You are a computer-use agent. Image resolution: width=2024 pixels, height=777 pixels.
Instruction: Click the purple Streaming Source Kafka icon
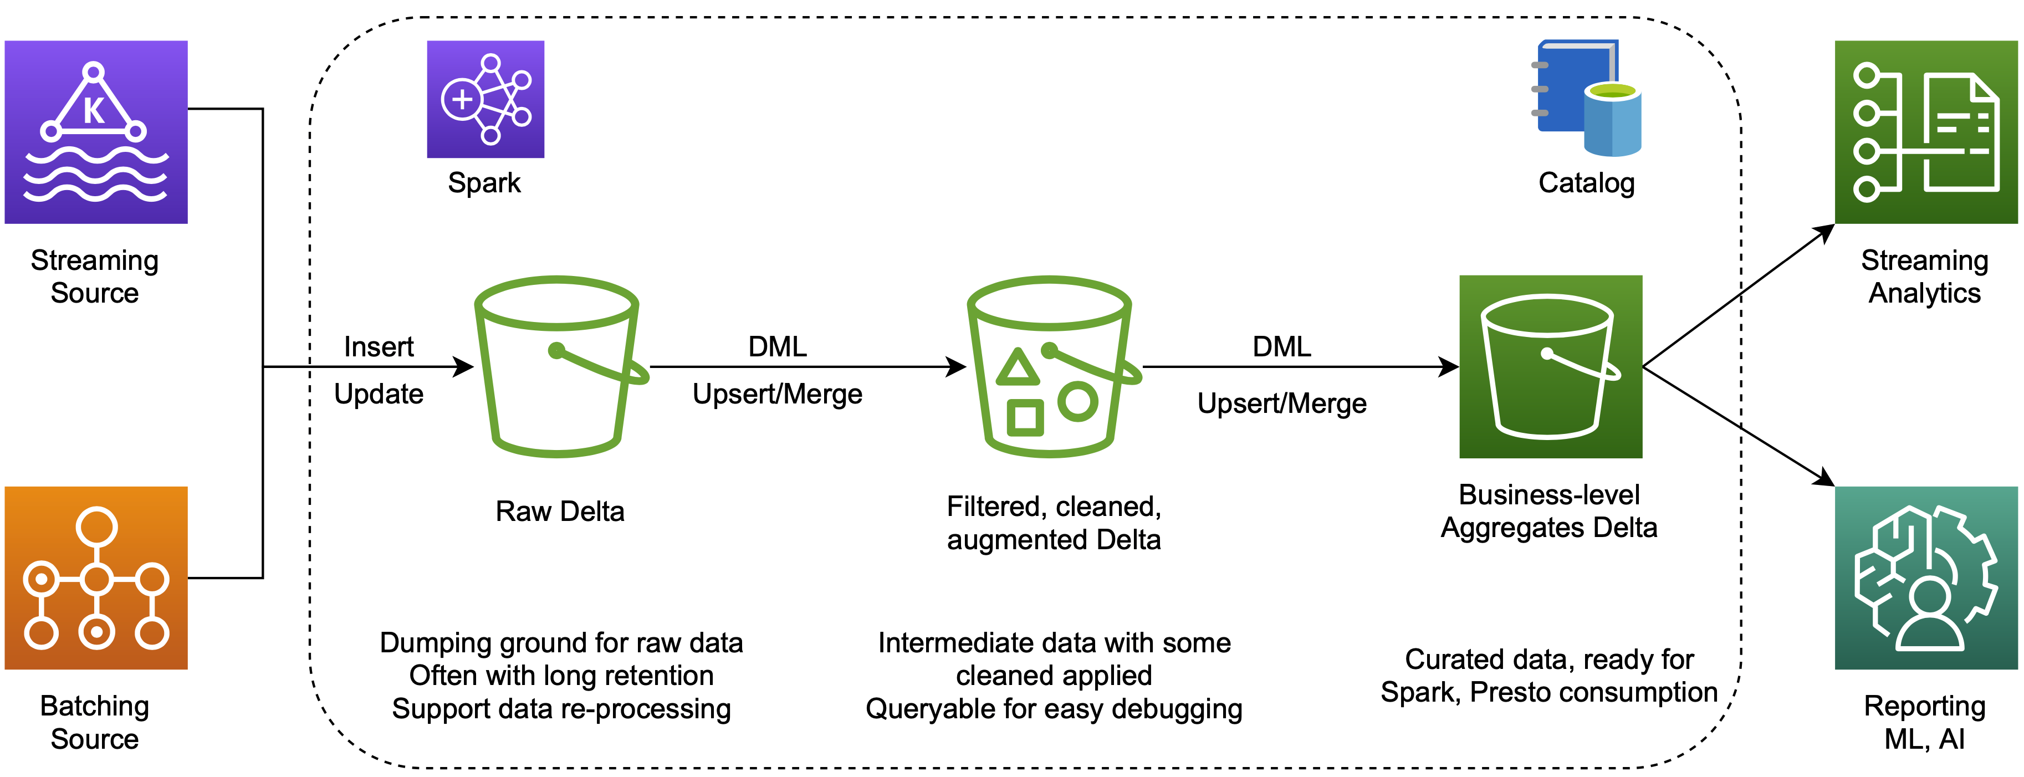(x=96, y=132)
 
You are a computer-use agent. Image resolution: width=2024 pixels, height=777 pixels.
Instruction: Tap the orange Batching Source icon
(x=96, y=577)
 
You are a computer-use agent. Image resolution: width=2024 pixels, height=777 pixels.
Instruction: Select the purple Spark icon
(x=485, y=99)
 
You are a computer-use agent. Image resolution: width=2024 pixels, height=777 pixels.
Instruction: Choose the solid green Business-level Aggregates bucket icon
(x=1550, y=366)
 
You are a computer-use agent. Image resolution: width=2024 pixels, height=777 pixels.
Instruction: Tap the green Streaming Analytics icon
(x=1925, y=132)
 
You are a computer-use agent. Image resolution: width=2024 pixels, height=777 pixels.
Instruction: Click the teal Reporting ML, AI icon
(x=1925, y=577)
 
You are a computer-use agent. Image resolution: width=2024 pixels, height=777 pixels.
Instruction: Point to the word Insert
(x=378, y=346)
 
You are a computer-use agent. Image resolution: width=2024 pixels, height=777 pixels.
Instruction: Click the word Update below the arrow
(x=378, y=393)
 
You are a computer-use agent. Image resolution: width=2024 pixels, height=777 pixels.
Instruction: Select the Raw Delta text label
(x=559, y=512)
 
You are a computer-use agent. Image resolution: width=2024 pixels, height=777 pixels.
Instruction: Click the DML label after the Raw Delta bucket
(x=777, y=346)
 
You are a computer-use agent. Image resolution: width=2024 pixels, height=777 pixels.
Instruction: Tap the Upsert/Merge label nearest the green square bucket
(x=1281, y=403)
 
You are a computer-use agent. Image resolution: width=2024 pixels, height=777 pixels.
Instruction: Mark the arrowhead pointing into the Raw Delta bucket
(x=464, y=366)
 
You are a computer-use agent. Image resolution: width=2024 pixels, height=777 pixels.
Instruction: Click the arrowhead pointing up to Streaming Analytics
(x=1824, y=231)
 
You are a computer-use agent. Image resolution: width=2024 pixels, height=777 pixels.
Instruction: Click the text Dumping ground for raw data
(x=561, y=643)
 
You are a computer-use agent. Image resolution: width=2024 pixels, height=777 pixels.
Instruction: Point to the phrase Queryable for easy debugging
(x=1054, y=709)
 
